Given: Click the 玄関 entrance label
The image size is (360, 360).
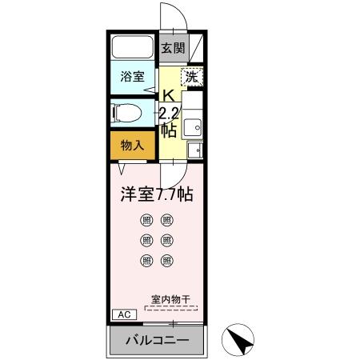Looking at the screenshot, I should pos(172,48).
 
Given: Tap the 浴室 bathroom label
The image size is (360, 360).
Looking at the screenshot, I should pos(133,77).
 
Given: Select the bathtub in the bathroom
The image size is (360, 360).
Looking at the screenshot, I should pos(133,47).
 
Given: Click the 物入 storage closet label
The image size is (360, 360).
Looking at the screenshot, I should pos(133,145).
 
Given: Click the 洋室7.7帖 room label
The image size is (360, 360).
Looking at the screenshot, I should pos(157,194).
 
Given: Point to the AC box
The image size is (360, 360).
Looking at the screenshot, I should pos(124,314).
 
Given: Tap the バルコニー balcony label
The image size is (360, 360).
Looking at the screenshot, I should pos(157,341).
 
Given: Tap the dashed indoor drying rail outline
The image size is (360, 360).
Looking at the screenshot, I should pos(172,306).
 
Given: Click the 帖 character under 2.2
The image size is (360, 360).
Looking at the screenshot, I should pos(168,129).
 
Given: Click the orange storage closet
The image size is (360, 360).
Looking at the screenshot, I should pos(133,145).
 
